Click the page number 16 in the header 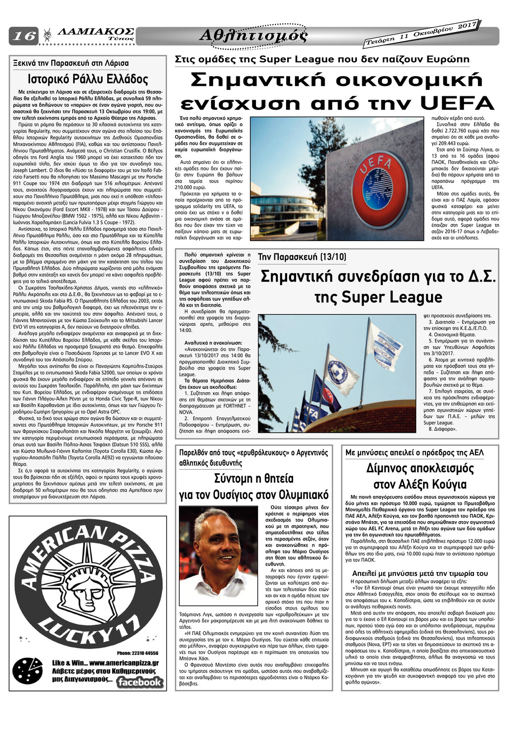pos(23,36)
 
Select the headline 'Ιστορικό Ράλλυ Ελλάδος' pos(88,80)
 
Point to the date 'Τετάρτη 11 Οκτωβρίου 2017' pos(422,34)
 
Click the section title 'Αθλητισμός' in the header pos(253,36)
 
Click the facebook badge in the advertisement pos(140,682)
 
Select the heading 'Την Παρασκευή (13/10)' pos(302,257)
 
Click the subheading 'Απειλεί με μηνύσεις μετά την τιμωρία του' pos(420,573)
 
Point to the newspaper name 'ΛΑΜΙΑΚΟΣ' pos(96,31)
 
